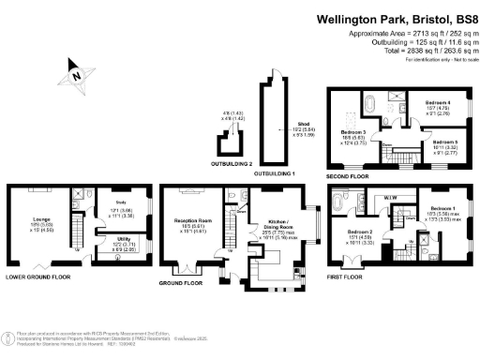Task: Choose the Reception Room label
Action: point(189,222)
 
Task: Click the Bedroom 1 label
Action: point(444,208)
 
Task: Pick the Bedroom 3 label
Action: point(352,132)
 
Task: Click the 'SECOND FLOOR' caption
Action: point(347,174)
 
